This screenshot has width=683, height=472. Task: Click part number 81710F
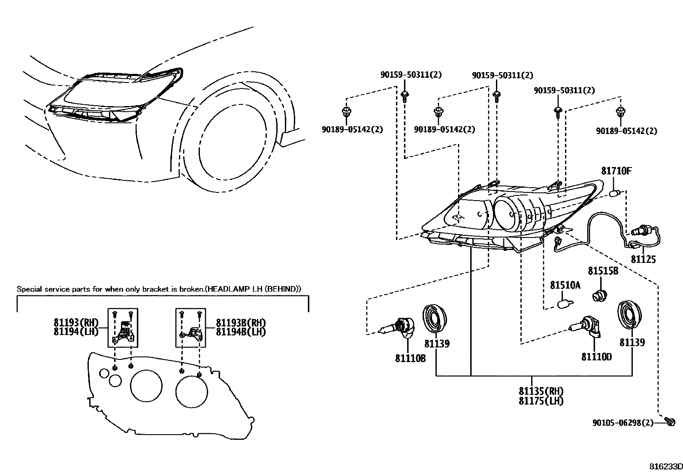pos(616,171)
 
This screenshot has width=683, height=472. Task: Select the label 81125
pos(643,259)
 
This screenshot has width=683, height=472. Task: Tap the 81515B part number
pos(603,271)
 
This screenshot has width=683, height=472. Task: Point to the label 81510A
pos(565,285)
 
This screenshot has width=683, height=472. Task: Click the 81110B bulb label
pos(410,358)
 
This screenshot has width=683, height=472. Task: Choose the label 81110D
pos(596,356)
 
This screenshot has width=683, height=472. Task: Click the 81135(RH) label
pos(541,391)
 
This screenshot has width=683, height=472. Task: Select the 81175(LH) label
pos(541,401)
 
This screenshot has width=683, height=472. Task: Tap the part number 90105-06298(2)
pos(623,423)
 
